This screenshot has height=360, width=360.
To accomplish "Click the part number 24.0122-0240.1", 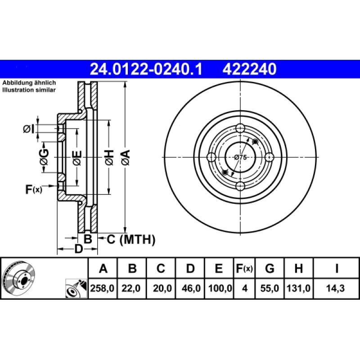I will [147, 69].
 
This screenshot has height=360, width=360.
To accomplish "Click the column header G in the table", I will [270, 269].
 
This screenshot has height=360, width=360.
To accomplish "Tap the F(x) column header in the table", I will [245, 269].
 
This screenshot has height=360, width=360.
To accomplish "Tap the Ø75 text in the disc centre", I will [241, 157].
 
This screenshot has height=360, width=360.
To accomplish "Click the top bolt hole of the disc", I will [240, 127].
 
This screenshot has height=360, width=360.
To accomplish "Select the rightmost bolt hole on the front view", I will [270, 157].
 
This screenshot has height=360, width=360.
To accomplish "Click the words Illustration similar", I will [29, 90].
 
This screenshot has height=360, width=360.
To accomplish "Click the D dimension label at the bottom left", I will [78, 249].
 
